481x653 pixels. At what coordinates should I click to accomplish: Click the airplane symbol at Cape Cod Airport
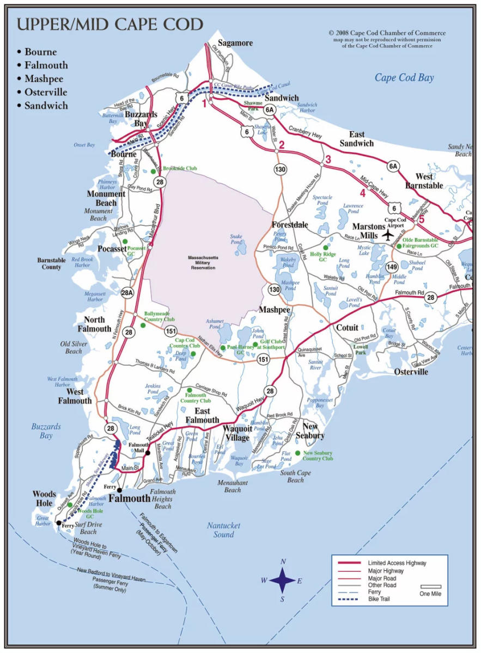[x=387, y=235]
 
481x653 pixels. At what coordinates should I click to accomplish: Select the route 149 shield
[x=392, y=267]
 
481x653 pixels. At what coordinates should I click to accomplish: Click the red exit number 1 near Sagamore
[x=205, y=102]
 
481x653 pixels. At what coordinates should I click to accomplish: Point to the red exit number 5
[x=421, y=220]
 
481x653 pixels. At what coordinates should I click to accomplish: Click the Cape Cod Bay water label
[x=404, y=78]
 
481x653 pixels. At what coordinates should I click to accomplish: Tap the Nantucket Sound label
[x=224, y=529]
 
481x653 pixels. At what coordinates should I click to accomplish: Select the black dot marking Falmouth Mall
[x=148, y=453]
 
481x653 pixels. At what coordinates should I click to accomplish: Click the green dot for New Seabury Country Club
[x=297, y=453]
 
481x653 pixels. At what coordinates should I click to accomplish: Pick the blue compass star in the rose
[x=283, y=581]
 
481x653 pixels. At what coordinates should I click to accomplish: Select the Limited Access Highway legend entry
[x=397, y=563]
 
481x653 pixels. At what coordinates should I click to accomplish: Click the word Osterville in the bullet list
[x=46, y=92]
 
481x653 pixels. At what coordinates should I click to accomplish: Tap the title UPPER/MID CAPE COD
[x=109, y=24]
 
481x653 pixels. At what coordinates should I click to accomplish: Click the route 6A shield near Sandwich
[x=269, y=110]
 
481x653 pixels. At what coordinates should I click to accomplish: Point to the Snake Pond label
[x=236, y=239]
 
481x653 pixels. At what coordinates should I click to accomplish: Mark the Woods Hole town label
[x=44, y=498]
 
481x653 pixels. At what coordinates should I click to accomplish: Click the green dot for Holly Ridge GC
[x=326, y=248]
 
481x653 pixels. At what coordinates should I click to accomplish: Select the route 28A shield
[x=127, y=293]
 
